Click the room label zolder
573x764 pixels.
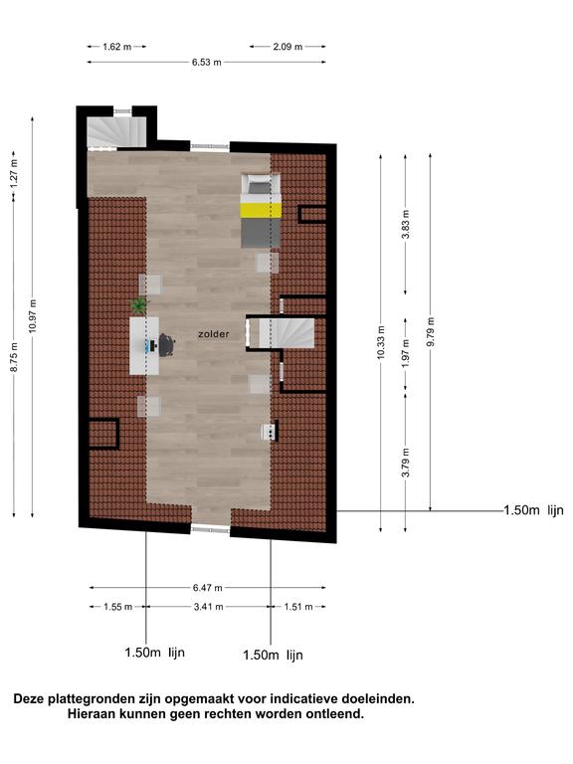click(x=214, y=334)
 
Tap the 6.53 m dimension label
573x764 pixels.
click(x=207, y=63)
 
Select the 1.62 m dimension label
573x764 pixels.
click(x=117, y=47)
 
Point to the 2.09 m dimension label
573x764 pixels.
click(x=287, y=47)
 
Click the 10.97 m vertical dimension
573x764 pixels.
click(x=33, y=316)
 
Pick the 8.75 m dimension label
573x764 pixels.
click(x=14, y=357)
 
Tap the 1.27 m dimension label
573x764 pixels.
click(x=14, y=174)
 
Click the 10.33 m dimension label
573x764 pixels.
click(x=381, y=342)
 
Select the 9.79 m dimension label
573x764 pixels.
click(x=431, y=332)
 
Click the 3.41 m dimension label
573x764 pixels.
click(x=209, y=607)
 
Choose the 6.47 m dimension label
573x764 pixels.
click(x=208, y=588)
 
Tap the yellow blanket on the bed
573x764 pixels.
click(x=261, y=211)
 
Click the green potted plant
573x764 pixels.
click(x=139, y=305)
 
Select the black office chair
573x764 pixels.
click(x=166, y=345)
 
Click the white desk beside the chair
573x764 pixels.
click(x=143, y=346)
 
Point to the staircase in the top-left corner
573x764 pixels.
click(x=117, y=131)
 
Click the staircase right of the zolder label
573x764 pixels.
click(x=286, y=333)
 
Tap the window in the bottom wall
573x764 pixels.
click(x=210, y=529)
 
